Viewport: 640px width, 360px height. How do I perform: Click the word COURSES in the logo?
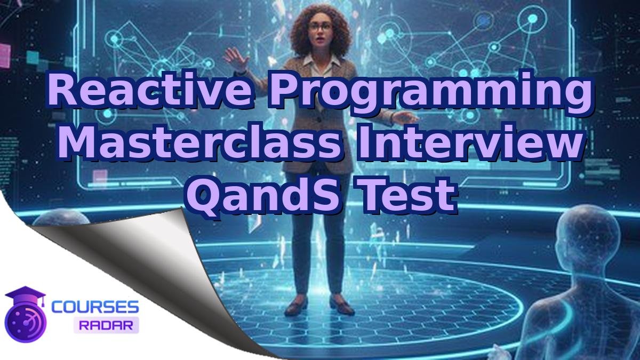95,307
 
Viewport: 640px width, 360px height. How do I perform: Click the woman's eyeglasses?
319,26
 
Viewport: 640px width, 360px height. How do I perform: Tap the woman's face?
320,32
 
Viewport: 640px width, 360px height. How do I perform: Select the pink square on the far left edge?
4,52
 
